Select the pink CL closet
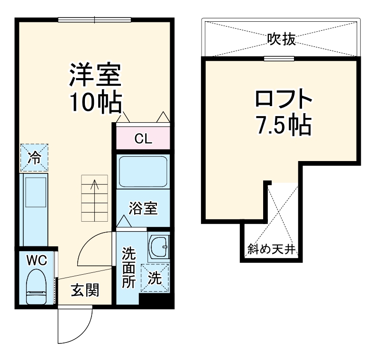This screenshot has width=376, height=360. pos(143,139)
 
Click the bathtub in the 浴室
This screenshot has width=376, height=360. pos(143,171)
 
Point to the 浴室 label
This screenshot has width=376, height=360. pos(143,208)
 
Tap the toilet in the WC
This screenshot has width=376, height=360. pos(36,286)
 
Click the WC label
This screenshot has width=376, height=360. pos(36,260)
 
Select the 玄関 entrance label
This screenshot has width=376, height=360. pos(85,290)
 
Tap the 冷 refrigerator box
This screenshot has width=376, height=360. pos(34,158)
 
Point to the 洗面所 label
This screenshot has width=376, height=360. pos(128,267)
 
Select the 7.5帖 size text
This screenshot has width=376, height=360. pos(284,125)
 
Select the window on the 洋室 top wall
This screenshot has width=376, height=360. pos(94,19)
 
